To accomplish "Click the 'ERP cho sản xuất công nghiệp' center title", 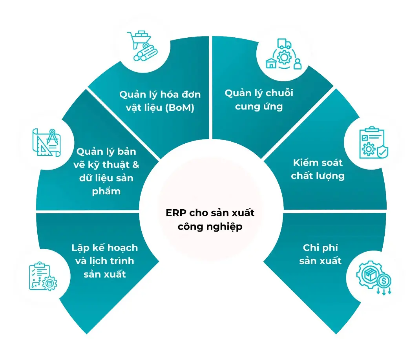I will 210,219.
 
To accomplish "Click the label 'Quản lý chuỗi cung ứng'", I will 259,99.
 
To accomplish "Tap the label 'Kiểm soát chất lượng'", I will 318,169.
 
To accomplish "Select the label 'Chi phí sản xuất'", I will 320,254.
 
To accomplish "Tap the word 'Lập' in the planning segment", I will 80,248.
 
